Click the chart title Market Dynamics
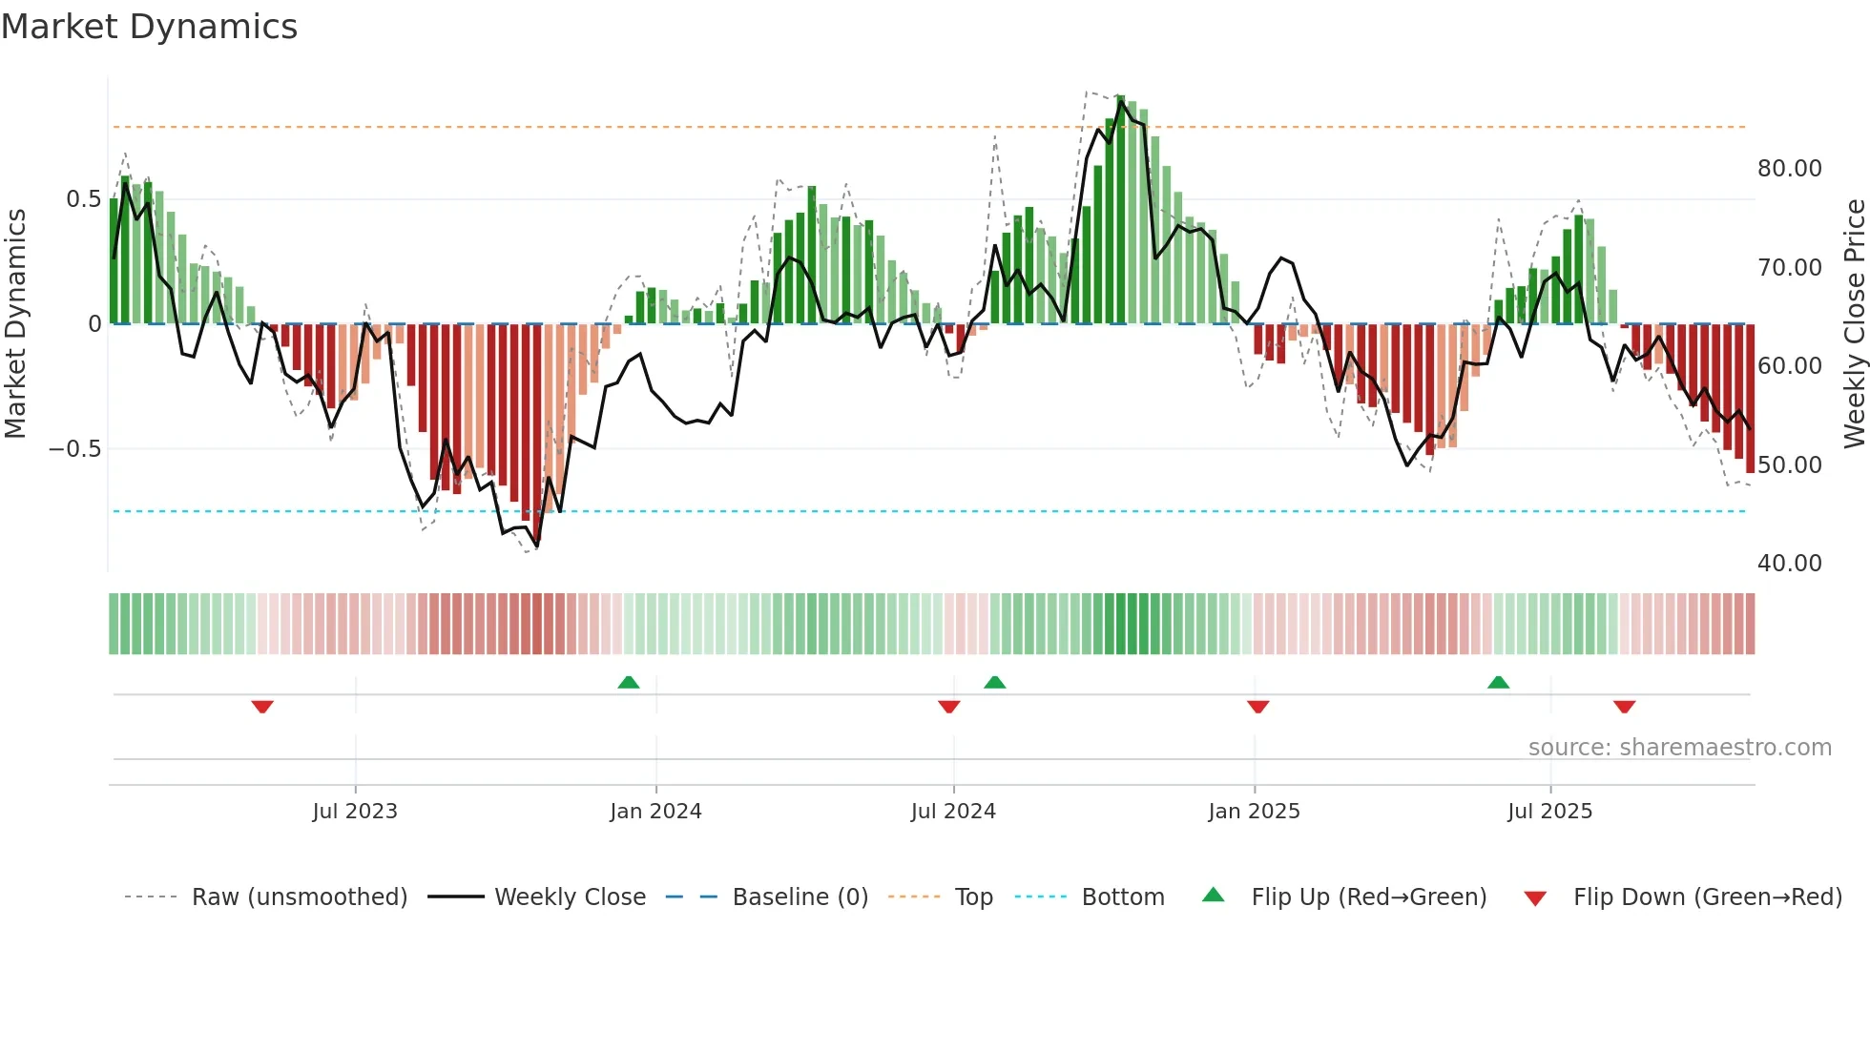[149, 27]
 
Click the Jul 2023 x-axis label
[355, 812]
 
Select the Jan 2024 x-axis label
[655, 812]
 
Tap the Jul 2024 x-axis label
[953, 812]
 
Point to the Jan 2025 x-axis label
[1254, 812]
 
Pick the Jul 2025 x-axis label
[1550, 812]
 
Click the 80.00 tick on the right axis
[1790, 169]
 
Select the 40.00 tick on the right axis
[1790, 564]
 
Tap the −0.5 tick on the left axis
[75, 449]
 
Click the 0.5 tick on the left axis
[83, 199]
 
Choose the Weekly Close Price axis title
[1854, 323]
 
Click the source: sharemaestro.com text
[1679, 748]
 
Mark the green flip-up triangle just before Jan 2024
[629, 683]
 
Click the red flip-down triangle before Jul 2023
[262, 707]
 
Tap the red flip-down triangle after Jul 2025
[1625, 707]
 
